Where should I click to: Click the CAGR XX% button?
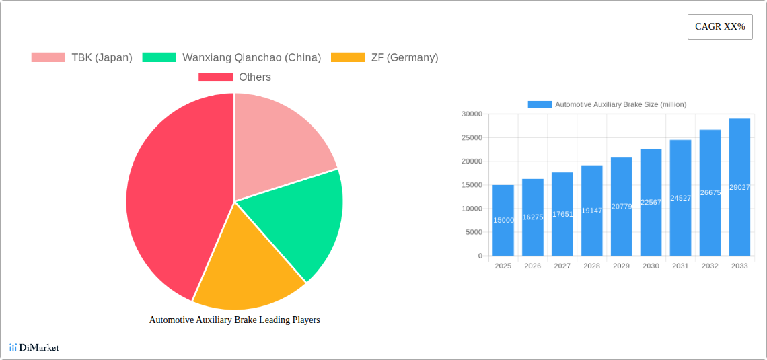720,27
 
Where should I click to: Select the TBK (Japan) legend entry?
81,57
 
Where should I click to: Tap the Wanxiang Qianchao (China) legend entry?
231,57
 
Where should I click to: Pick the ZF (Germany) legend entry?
384,57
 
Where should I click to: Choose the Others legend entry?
235,77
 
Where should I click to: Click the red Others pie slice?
168,202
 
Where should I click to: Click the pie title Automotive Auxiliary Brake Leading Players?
234,320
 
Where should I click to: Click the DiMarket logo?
34,347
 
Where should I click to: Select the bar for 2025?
503,221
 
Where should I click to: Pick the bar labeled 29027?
739,187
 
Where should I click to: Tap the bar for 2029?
621,207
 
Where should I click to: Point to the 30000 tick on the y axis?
472,114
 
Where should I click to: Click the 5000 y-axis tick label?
474,232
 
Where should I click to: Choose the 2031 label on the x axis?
680,266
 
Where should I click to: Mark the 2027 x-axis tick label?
562,266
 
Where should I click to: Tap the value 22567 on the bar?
651,202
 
